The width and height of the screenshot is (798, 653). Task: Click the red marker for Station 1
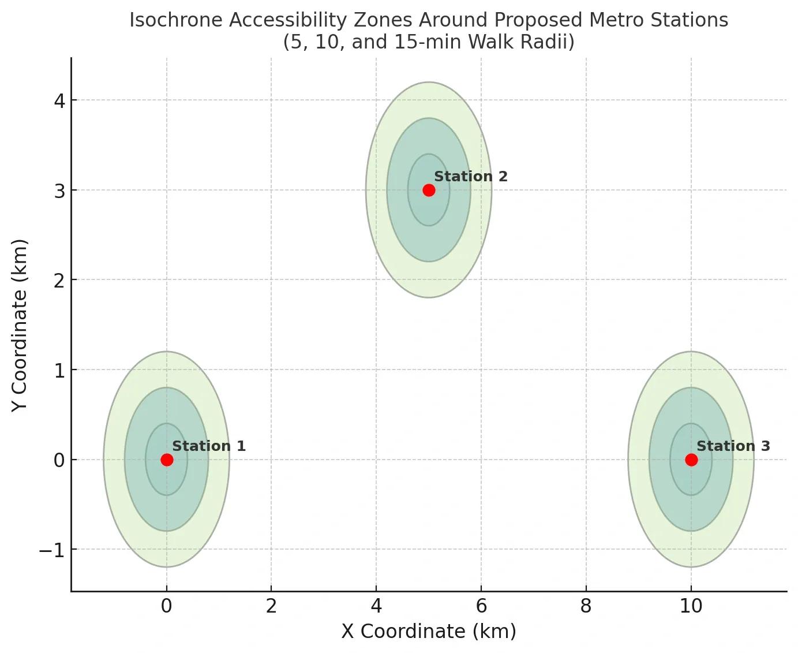pos(167,460)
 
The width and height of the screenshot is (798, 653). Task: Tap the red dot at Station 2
pos(429,190)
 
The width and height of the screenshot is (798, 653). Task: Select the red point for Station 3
pos(691,460)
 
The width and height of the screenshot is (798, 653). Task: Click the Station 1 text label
pos(209,446)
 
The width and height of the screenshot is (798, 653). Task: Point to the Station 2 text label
pos(471,177)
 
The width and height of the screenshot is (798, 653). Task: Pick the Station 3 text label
pos(733,446)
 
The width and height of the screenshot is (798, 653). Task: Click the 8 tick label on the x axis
pos(586,606)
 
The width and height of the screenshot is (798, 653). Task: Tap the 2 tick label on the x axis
pos(271,606)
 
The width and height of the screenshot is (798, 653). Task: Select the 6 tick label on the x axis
pos(481,606)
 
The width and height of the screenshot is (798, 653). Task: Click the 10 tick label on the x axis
pos(691,606)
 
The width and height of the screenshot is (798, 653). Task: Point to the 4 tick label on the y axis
pos(60,101)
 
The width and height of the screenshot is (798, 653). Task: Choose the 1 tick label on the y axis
pos(60,371)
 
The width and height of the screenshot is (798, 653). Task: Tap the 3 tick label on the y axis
pos(60,191)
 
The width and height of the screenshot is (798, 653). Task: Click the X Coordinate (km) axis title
pos(429,632)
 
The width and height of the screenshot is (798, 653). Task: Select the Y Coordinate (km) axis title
pos(18,326)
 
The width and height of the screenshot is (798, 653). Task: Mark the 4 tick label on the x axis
pos(376,606)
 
